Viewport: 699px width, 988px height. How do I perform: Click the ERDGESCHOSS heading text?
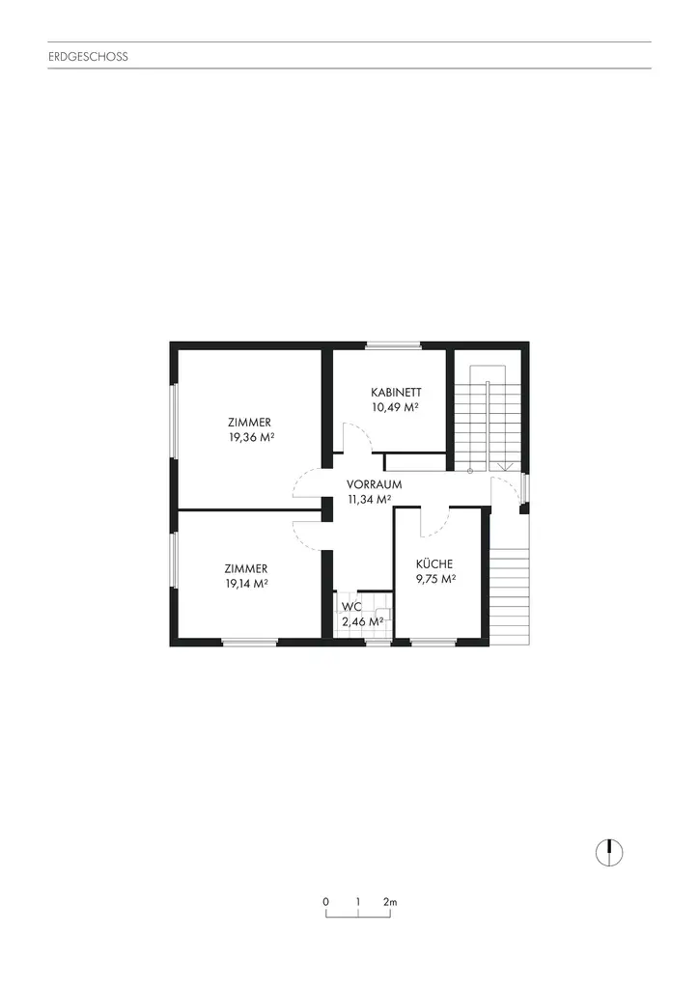pos(88,57)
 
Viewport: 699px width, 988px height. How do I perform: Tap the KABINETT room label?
pos(396,393)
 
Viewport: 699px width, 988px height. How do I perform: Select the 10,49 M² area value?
pos(396,407)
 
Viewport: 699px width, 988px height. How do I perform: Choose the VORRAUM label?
pos(375,484)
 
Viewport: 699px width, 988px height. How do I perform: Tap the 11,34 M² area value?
pos(370,500)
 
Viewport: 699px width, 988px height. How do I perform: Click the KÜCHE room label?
pos(434,563)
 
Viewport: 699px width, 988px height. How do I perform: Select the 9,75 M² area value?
pos(435,579)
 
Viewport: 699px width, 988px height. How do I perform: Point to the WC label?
pos(350,607)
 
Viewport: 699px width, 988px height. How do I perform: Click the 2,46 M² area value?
pos(363,621)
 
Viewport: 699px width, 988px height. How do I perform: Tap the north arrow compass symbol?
pos(609,851)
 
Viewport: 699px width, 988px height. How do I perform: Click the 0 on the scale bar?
pos(325,901)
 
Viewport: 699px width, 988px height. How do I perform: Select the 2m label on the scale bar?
pos(390,901)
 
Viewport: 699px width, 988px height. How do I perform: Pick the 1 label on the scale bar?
pos(358,901)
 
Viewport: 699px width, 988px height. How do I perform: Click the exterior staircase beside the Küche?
pos(511,594)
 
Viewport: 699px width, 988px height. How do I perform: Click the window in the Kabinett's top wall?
pos(393,345)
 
